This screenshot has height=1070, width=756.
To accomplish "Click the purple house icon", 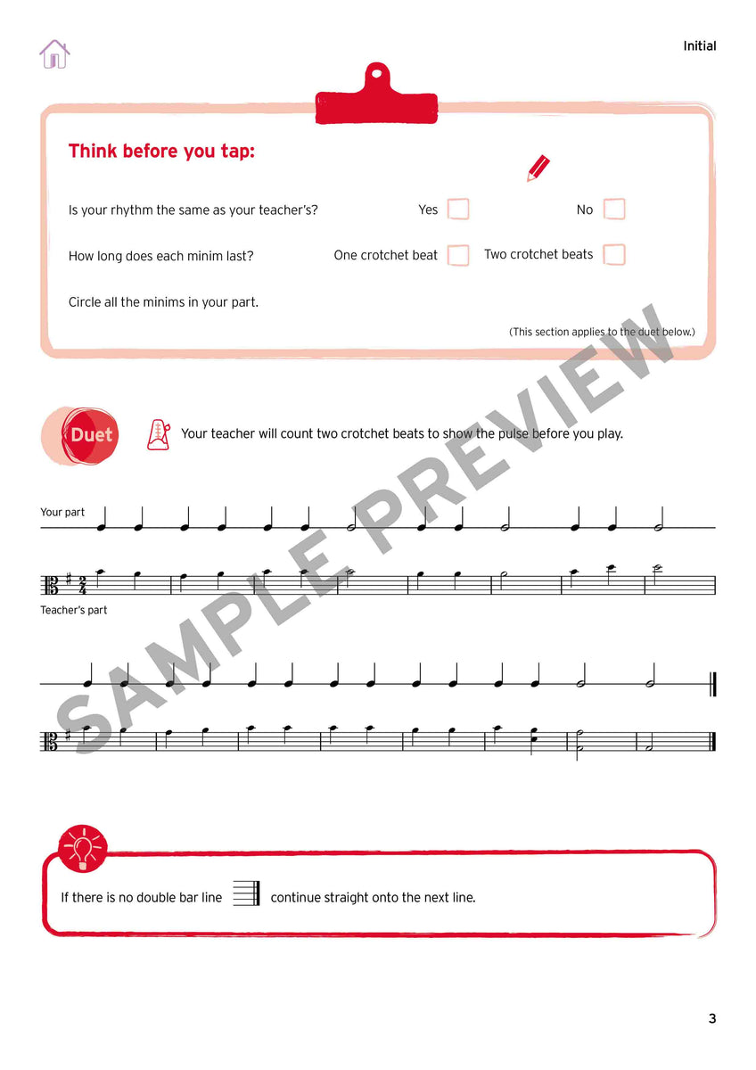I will (54, 54).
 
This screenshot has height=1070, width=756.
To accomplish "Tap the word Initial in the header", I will (699, 46).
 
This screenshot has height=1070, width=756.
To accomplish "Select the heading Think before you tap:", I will (161, 152).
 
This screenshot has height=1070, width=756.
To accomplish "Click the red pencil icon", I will (538, 168).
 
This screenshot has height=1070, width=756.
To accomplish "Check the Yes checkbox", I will (458, 210).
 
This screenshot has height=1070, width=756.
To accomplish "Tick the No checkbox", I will (614, 210).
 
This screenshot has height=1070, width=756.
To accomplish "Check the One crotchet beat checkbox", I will (458, 255).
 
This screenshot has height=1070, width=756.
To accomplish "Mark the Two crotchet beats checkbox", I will (614, 254).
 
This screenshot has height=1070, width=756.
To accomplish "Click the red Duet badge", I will (91, 435).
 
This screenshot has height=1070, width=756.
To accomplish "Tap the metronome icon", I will (158, 433).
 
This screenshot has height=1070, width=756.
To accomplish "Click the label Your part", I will (62, 513).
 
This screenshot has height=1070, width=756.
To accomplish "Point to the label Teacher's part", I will (73, 611).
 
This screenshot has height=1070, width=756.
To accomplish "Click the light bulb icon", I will (83, 848).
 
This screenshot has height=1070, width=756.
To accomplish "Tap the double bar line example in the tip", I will (247, 893).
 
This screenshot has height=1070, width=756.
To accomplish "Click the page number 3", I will (711, 1018).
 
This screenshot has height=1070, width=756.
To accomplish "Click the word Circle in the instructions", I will (86, 302).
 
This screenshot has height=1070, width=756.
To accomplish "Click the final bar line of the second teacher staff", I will (713, 741).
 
